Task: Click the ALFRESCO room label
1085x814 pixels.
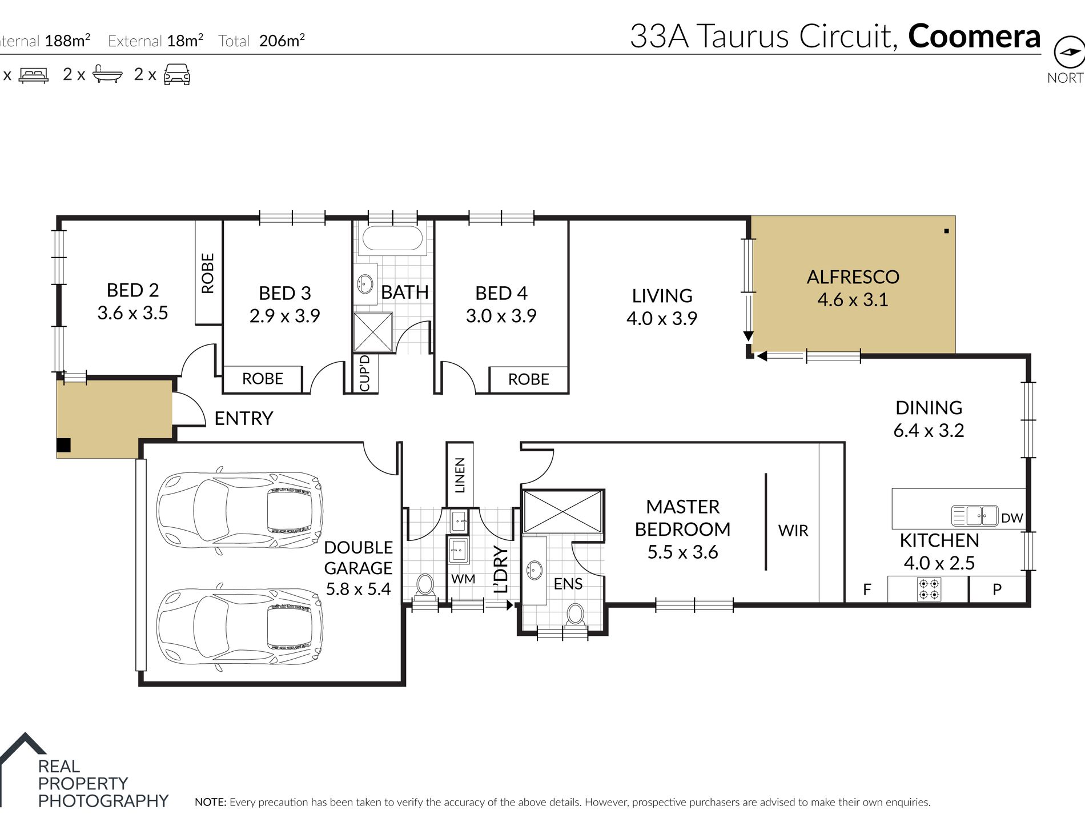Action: [x=853, y=277]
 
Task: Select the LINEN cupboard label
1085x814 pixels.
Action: [x=460, y=475]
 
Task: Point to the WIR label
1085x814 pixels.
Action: [x=793, y=531]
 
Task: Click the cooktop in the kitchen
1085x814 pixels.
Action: [x=929, y=590]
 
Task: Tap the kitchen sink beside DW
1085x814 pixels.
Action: [x=974, y=516]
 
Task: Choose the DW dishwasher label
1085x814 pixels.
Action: [x=1012, y=518]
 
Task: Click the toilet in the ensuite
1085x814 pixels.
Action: [x=575, y=615]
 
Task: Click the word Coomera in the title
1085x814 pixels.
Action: [x=974, y=36]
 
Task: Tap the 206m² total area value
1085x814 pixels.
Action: [x=282, y=41]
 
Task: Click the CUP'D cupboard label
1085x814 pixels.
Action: [x=365, y=374]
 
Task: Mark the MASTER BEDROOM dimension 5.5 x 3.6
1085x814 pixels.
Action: [x=682, y=552]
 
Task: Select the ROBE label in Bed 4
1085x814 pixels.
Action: [x=528, y=379]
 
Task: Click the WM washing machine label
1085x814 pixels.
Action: [x=463, y=579]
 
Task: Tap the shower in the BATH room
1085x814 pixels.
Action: [x=373, y=332]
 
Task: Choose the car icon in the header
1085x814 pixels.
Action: [x=176, y=74]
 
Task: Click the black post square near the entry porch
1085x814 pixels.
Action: [x=63, y=445]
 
